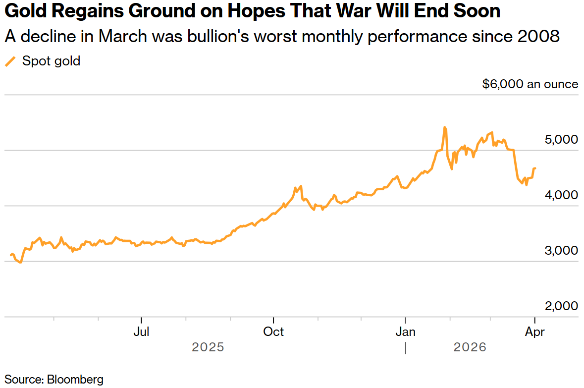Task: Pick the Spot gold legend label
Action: (51, 61)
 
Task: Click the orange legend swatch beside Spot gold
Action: (10, 61)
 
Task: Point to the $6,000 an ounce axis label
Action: (530, 84)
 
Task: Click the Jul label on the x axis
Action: (142, 331)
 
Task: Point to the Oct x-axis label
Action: (274, 331)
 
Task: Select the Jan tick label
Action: (406, 331)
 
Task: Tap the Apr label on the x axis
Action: (535, 331)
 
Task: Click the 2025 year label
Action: (208, 347)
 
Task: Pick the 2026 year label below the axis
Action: (470, 347)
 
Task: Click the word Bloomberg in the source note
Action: (75, 380)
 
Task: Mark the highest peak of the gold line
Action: (444, 127)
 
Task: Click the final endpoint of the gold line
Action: (535, 168)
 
